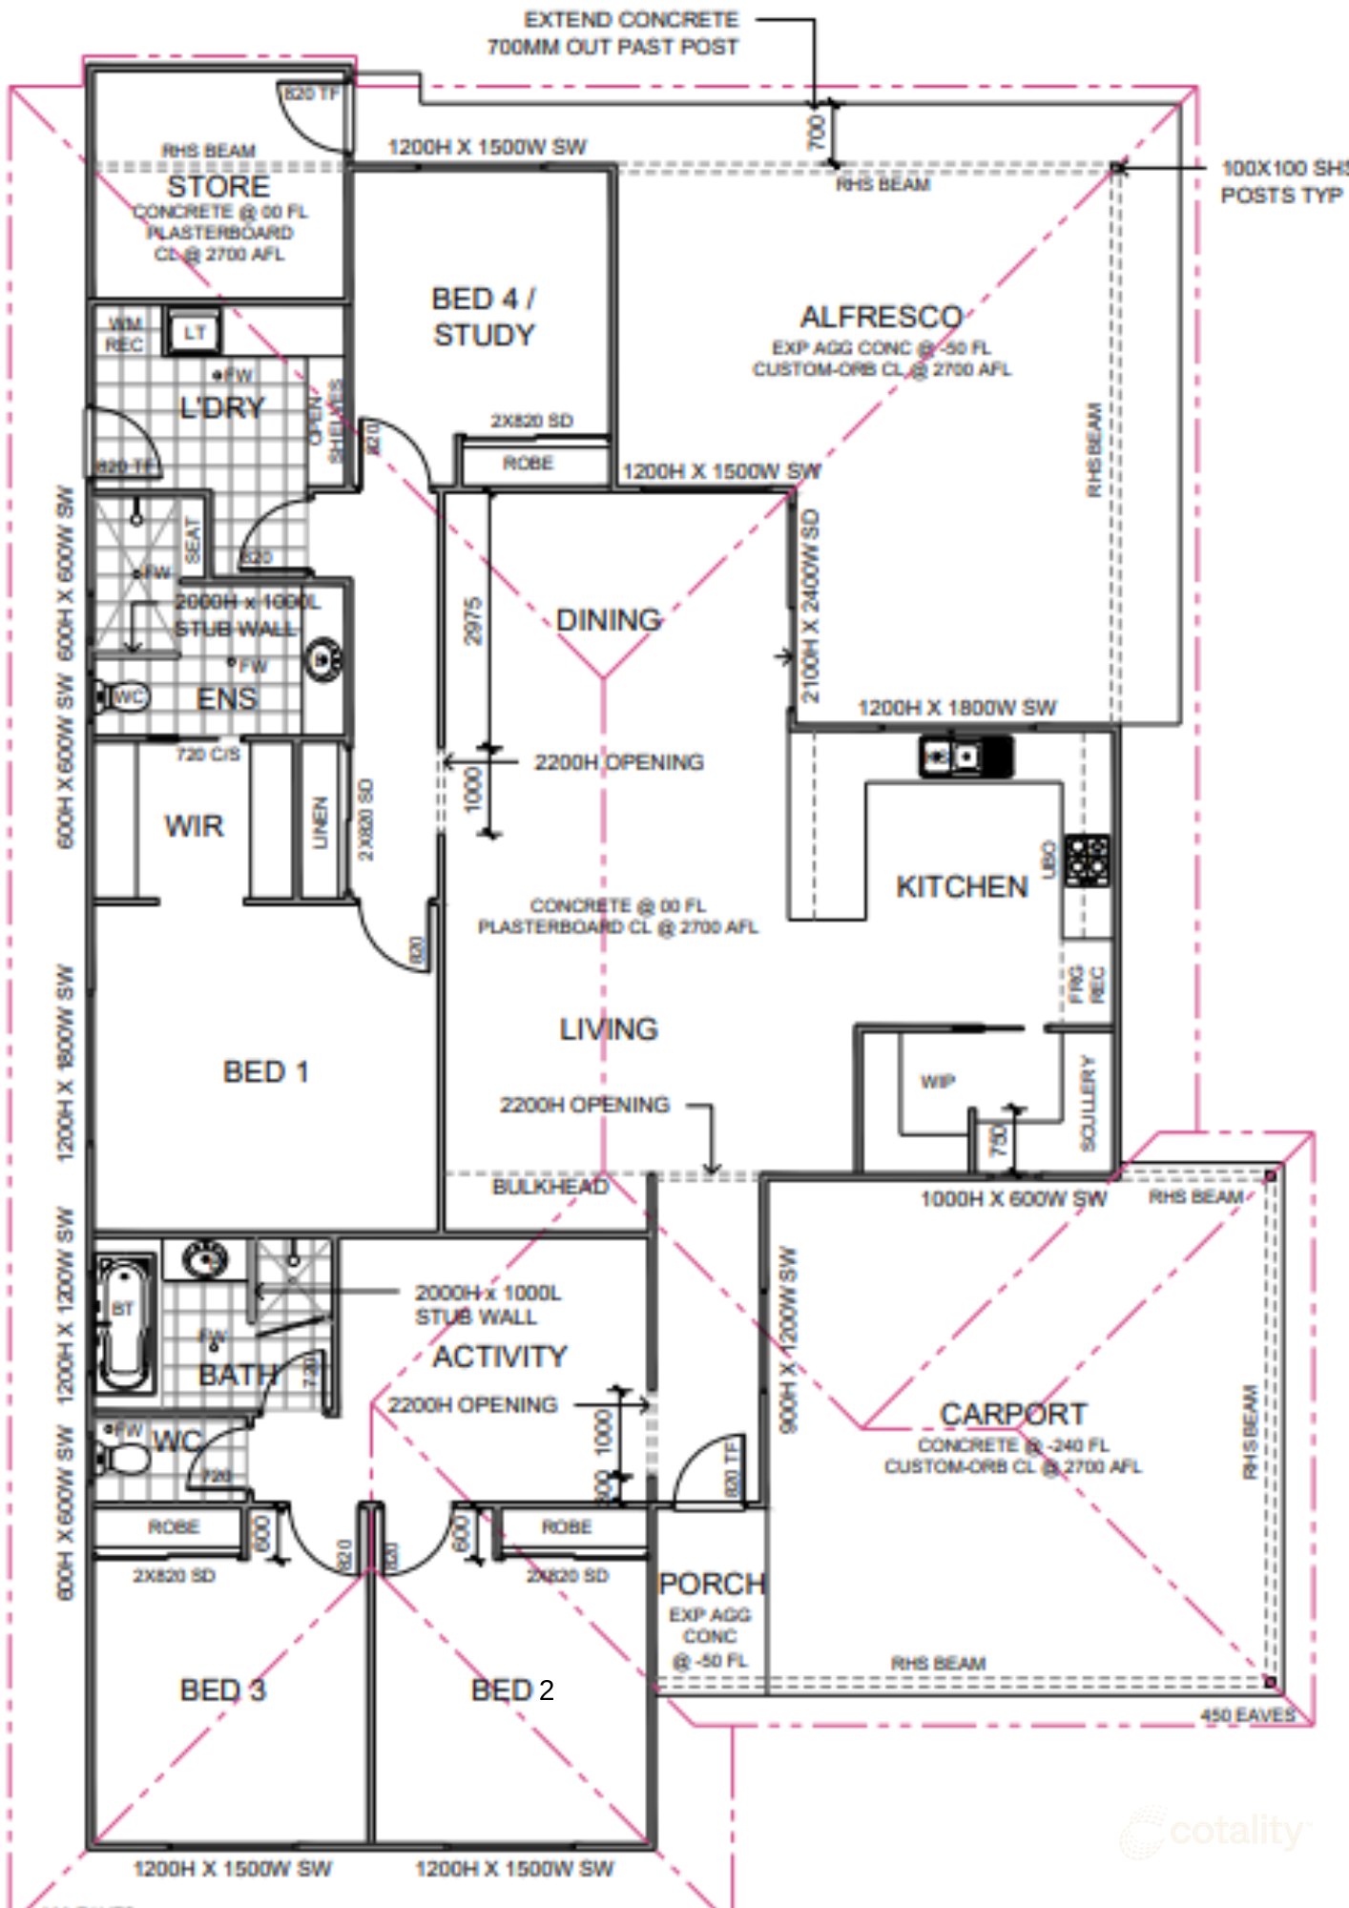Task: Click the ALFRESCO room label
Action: point(881,317)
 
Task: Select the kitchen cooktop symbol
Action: point(1087,861)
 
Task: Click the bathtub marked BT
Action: point(124,1323)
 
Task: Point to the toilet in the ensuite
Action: point(120,696)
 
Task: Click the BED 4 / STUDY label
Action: point(484,317)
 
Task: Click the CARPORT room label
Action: point(1013,1414)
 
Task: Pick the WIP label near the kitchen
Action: point(937,1081)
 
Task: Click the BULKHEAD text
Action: point(550,1187)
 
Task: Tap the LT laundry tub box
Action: point(195,333)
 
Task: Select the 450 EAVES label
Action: point(1248,1715)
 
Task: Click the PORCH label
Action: point(712,1584)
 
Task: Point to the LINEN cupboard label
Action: point(321,822)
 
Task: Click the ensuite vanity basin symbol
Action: point(323,659)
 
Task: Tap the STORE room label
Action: point(218,186)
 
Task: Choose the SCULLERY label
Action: point(1089,1103)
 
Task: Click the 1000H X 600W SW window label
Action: point(1012,1199)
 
